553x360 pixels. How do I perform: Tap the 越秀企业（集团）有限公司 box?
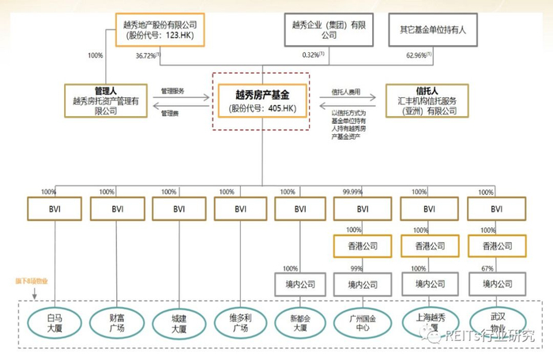(x=325, y=29)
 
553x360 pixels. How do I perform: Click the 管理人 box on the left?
(x=104, y=100)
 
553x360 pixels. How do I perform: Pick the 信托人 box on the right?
(x=427, y=100)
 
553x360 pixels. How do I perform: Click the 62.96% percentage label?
(x=419, y=56)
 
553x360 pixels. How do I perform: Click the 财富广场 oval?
(x=115, y=322)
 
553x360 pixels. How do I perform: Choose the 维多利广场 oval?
(x=238, y=322)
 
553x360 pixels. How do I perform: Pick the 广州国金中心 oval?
(x=362, y=322)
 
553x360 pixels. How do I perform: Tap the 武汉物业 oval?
(x=498, y=322)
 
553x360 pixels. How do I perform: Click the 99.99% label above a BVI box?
(x=353, y=191)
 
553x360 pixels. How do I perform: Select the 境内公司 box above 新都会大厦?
(x=300, y=283)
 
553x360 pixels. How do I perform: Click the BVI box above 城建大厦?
(x=177, y=208)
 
